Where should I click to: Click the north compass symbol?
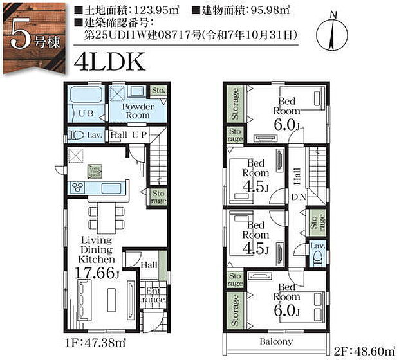332,32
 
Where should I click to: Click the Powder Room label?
138,111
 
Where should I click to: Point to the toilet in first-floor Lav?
77,136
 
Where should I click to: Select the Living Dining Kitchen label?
98,249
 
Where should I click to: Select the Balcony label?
277,341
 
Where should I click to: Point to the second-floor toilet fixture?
316,258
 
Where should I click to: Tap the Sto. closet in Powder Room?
158,91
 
